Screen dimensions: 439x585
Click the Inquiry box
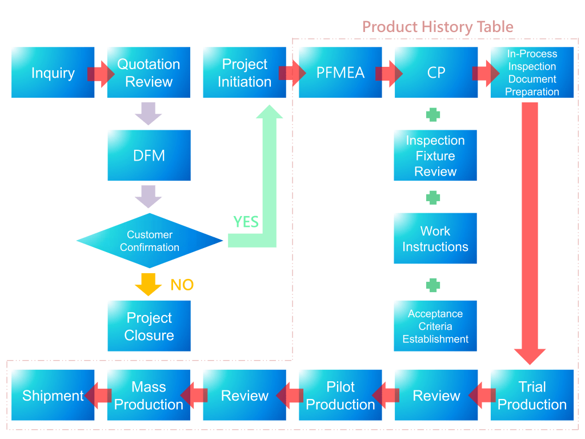click(53, 73)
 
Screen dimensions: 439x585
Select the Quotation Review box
click(149, 73)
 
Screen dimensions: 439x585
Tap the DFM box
click(149, 155)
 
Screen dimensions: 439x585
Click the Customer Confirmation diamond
click(149, 241)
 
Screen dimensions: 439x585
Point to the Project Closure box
click(149, 326)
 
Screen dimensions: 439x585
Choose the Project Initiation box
click(245, 73)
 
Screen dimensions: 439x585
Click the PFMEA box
click(340, 73)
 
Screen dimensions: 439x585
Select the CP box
click(436, 73)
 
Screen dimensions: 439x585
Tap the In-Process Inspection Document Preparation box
click(532, 73)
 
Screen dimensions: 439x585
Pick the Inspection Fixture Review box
click(435, 155)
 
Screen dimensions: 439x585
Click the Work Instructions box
click(435, 238)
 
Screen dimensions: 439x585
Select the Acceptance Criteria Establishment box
click(435, 326)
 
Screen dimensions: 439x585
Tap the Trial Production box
click(532, 396)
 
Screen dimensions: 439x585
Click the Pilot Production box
click(340, 396)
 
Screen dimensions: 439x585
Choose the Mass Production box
click(149, 396)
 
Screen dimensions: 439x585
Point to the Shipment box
click(53, 396)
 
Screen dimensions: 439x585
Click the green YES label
click(246, 222)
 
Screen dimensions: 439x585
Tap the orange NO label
click(182, 285)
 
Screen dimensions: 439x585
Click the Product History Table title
click(438, 27)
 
